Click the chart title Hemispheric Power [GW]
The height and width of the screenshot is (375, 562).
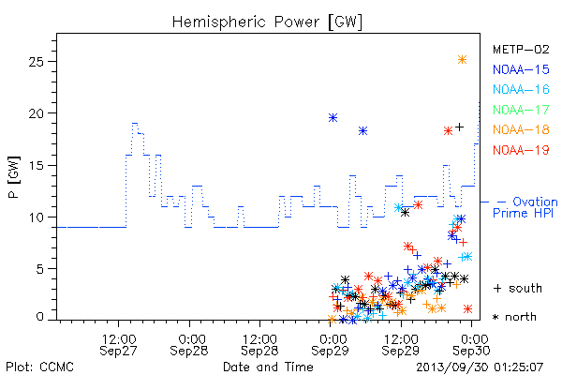(x=267, y=22)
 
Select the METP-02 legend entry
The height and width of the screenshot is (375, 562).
(x=521, y=49)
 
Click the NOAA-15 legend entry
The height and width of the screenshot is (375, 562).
(x=521, y=69)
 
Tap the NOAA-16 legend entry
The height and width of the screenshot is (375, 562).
(x=521, y=89)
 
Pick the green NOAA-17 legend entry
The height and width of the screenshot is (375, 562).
(x=521, y=110)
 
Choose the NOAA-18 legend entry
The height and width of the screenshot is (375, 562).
(x=521, y=129)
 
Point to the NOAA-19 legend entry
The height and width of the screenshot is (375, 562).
(x=521, y=150)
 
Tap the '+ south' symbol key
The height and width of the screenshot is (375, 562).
(x=518, y=288)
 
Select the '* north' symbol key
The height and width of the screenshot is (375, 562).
(x=514, y=317)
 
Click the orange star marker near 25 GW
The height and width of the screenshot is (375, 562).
(x=463, y=60)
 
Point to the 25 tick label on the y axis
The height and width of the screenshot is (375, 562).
(x=36, y=62)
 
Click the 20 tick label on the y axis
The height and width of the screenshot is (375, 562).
(x=36, y=113)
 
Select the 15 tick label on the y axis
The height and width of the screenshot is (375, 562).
(x=36, y=165)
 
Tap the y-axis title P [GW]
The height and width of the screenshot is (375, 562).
(x=14, y=177)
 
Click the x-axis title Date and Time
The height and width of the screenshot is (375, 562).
(x=268, y=367)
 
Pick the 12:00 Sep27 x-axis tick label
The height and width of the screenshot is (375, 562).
(x=118, y=345)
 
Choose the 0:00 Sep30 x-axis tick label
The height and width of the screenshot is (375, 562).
(x=471, y=345)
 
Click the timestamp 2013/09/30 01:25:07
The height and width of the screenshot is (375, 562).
(x=480, y=367)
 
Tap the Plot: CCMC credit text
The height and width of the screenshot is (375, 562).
(x=39, y=367)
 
